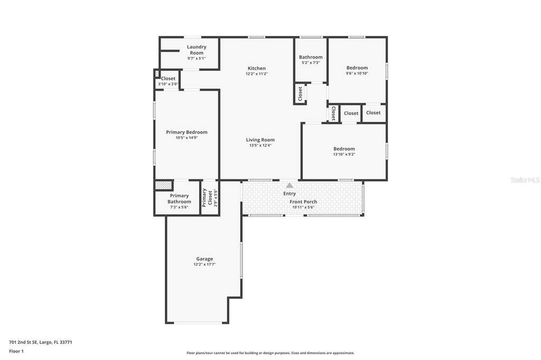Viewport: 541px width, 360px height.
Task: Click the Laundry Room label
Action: (197, 50)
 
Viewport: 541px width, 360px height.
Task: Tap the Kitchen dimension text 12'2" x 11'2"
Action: (257, 74)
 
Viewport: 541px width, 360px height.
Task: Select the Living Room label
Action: (260, 140)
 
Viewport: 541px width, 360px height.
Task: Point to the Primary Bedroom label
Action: (186, 132)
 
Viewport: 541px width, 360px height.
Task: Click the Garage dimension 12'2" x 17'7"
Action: (204, 264)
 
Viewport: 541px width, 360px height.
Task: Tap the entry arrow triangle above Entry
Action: (290, 185)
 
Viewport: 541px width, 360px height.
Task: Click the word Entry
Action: (290, 194)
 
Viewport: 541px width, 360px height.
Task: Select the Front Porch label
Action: (303, 202)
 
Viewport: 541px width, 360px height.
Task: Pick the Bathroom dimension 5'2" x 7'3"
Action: (311, 63)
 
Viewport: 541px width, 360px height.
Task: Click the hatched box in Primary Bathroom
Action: (164, 185)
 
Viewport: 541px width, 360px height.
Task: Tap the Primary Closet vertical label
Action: (207, 197)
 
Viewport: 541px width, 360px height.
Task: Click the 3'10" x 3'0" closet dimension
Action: (168, 84)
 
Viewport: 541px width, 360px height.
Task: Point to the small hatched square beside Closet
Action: (157, 73)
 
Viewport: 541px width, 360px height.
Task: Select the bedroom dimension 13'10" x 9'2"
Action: (344, 155)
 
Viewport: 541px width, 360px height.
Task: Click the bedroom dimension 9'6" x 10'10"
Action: (357, 73)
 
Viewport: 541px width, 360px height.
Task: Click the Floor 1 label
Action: (16, 352)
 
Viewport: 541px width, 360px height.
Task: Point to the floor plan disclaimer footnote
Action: (270, 353)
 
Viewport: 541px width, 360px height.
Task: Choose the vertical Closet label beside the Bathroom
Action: (300, 94)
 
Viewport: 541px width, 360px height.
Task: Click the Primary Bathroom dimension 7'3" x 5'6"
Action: (180, 207)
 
